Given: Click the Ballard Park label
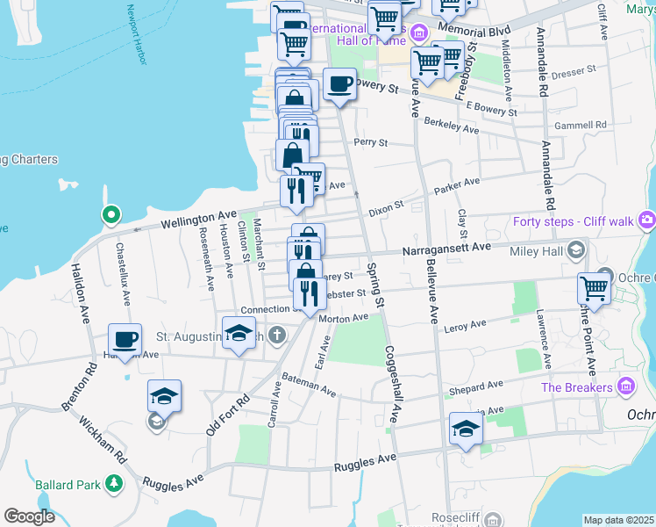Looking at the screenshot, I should point(68,484).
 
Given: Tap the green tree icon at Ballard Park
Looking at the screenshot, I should point(113,484).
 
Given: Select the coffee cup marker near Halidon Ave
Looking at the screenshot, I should point(125,341).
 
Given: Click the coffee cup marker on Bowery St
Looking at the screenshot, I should point(339,85).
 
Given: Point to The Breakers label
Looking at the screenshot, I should point(576,387).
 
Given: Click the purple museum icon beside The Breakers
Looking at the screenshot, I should point(626,386).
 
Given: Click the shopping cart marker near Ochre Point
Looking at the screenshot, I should point(594,289).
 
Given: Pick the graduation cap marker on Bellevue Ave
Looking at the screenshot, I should point(466,430).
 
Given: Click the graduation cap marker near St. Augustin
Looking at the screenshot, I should point(238,335).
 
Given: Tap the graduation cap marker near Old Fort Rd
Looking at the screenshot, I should point(163,396).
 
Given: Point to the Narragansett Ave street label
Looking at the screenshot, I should point(446,249).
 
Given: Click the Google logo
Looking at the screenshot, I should point(30,516).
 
